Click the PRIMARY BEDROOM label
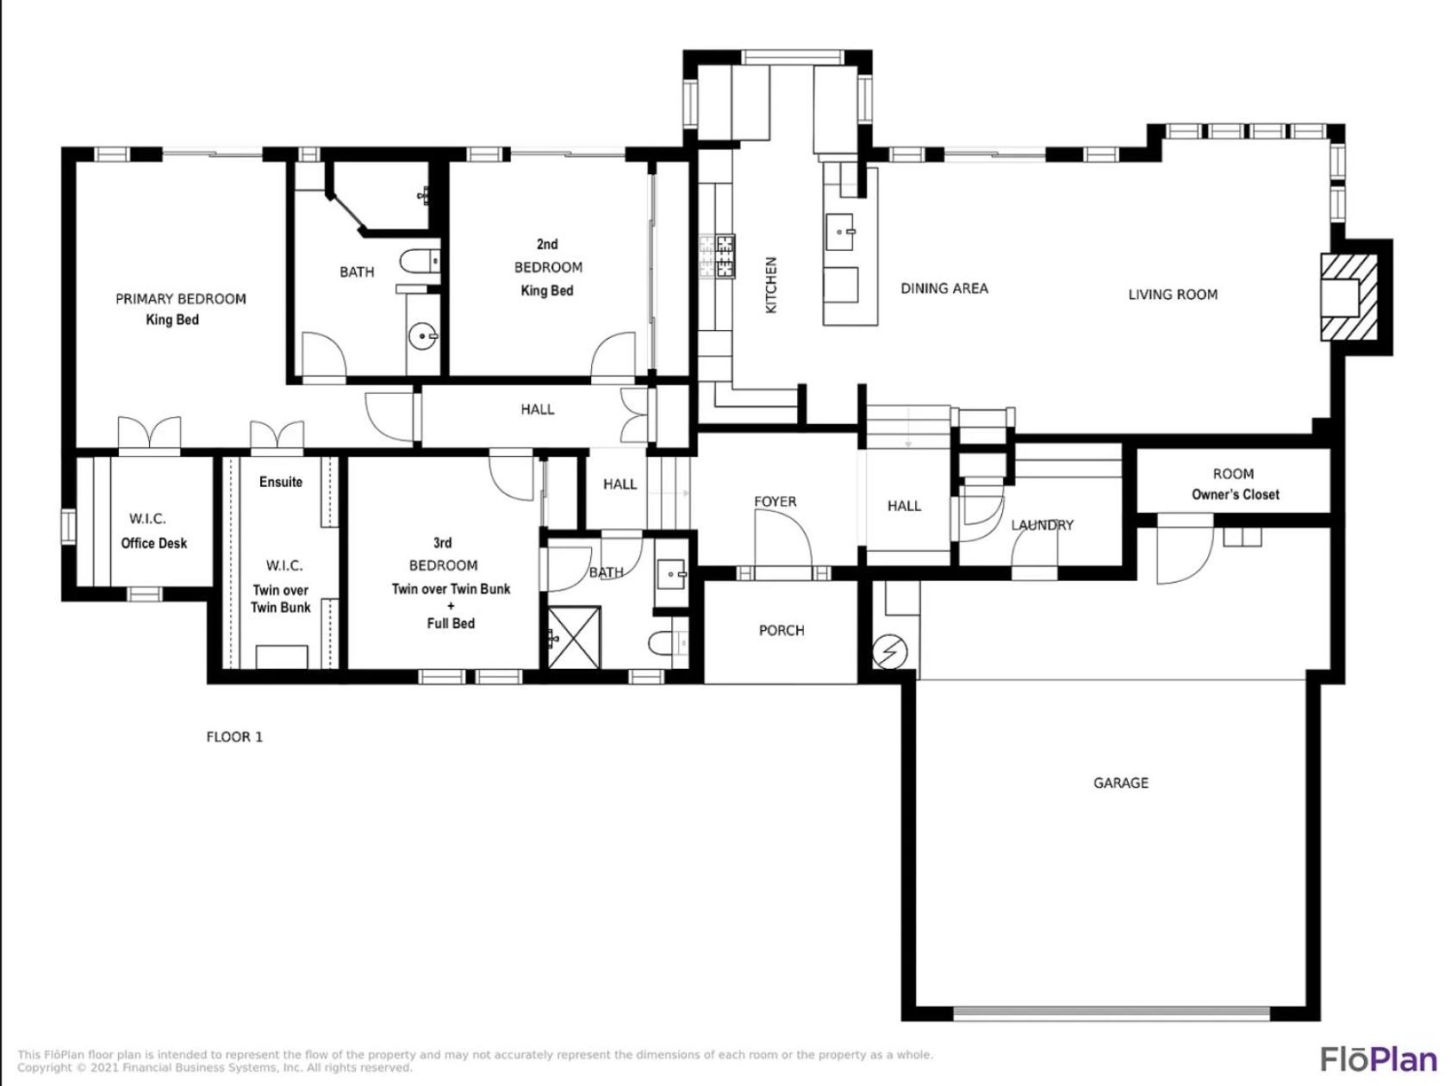181,299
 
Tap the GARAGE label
1121,783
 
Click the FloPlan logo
1379,1058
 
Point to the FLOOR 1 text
234,737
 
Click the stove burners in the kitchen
717,256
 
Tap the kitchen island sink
840,232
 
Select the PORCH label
782,630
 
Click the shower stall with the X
575,637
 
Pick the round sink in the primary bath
423,337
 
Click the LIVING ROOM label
1173,295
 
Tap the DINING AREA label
944,289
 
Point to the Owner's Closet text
1236,495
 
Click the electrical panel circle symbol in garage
888,652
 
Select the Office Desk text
154,543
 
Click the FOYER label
775,502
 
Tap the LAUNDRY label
1043,525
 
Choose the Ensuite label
281,482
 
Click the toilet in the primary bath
420,261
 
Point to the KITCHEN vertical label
771,284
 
